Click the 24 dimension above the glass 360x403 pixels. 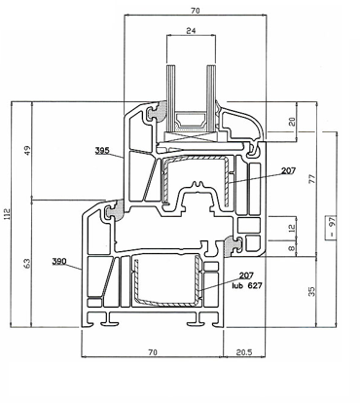(x=191, y=31)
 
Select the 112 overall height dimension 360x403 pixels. (x=8, y=214)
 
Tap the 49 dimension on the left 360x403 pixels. (x=27, y=150)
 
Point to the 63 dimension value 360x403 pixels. (x=27, y=263)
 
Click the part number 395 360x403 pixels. (x=102, y=151)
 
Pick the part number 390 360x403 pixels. (x=59, y=261)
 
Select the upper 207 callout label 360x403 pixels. (x=288, y=170)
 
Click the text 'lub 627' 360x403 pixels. (x=247, y=285)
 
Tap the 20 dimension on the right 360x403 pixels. (x=292, y=122)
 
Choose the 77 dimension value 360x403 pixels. (x=311, y=179)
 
